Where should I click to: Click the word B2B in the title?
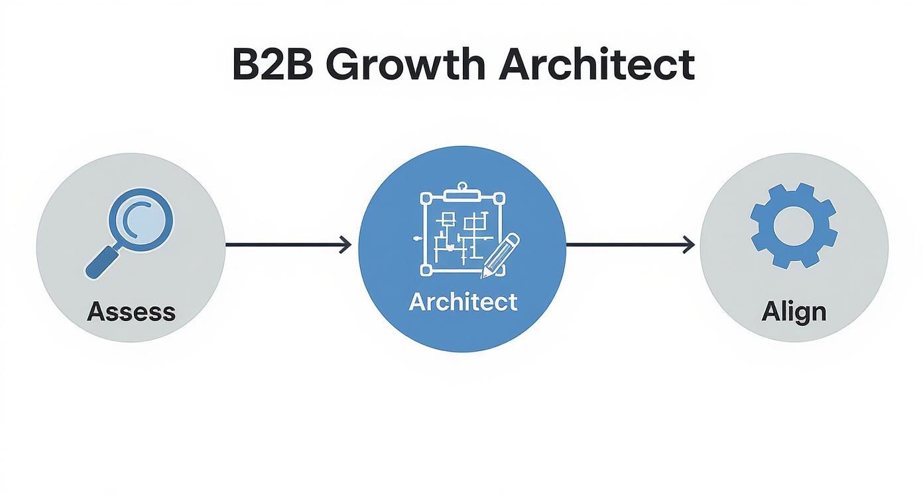273,64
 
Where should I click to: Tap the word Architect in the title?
595,64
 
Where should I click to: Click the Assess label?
131,311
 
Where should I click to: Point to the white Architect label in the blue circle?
463,301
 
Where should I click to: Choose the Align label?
794,311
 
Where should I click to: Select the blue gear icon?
793,226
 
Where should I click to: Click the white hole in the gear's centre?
793,226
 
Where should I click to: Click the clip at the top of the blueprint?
461,194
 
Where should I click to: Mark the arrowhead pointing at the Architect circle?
345,245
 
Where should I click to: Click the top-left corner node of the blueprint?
426,198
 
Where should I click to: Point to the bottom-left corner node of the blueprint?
426,271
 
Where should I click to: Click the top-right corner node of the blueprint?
499,198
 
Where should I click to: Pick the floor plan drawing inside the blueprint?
458,236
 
